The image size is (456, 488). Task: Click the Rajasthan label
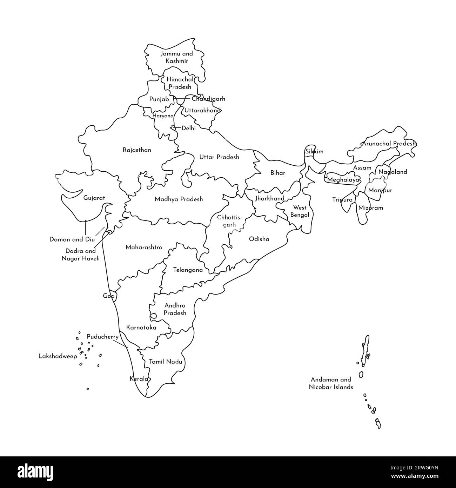click(x=137, y=150)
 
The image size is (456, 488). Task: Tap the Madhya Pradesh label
click(x=179, y=199)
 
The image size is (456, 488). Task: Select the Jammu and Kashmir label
click(x=177, y=58)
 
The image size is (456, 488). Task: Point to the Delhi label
click(x=188, y=128)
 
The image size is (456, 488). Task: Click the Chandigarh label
click(x=208, y=99)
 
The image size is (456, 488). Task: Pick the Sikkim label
click(x=314, y=152)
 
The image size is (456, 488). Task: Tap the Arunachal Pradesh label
click(x=389, y=144)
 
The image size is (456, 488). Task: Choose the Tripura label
click(x=342, y=200)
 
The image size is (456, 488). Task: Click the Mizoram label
click(x=370, y=208)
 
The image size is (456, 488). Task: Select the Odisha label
click(x=259, y=239)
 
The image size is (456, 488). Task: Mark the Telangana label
click(x=188, y=270)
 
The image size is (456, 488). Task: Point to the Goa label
click(x=109, y=296)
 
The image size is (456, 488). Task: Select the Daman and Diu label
click(x=72, y=240)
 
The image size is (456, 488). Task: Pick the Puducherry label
click(x=102, y=337)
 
